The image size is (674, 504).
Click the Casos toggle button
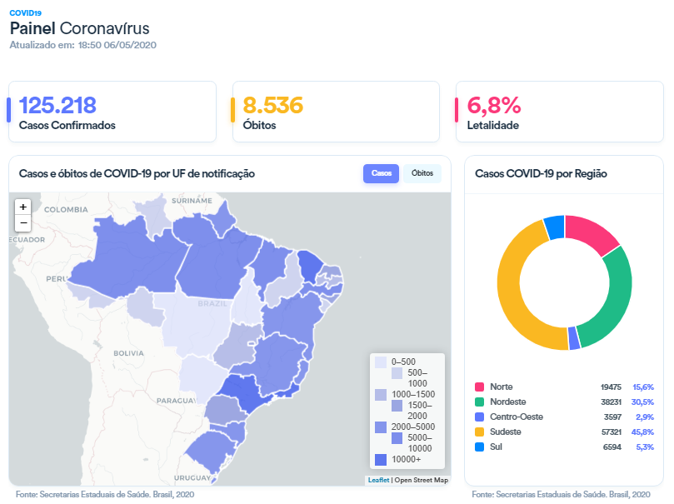[x=381, y=173]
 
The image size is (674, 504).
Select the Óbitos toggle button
[x=422, y=173]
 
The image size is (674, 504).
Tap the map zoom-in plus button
[x=23, y=207]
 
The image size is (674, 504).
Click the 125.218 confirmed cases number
[x=57, y=106]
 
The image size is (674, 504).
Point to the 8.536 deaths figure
[x=272, y=106]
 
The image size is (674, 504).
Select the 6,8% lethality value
[x=494, y=106]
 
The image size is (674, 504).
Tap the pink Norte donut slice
[x=593, y=232]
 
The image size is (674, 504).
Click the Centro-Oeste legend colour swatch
[x=480, y=417]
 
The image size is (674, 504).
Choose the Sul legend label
[x=497, y=447]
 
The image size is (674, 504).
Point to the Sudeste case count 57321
[x=611, y=432]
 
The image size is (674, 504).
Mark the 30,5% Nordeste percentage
[x=643, y=402]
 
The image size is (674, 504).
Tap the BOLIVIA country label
[x=130, y=353]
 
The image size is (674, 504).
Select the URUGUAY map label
[x=192, y=478]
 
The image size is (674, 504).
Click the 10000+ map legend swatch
[x=381, y=460]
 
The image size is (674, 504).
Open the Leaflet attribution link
[x=378, y=480]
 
